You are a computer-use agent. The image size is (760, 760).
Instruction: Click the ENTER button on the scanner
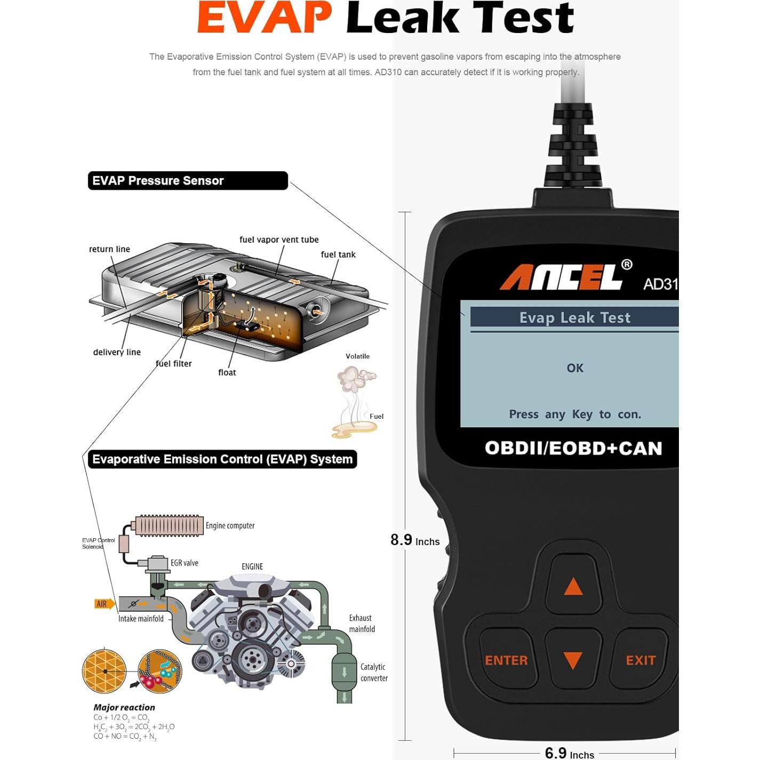coord(507,660)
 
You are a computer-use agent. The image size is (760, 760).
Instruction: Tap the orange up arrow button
coord(573,586)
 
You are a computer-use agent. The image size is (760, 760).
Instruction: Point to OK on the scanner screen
coord(575,368)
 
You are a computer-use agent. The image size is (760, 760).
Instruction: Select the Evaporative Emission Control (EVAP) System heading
coord(222,459)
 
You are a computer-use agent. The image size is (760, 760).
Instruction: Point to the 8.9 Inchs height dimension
coord(415,540)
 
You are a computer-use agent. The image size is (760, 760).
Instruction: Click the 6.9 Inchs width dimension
coord(570,753)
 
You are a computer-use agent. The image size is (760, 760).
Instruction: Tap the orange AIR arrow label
coord(104,604)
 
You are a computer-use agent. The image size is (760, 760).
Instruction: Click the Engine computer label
coord(230,526)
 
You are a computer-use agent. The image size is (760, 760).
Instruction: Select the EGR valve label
coord(184,563)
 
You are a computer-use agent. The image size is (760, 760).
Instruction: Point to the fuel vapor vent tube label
coord(279,239)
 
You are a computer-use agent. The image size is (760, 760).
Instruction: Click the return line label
coord(109,249)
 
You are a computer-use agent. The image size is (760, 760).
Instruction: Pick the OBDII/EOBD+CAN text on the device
coord(573,448)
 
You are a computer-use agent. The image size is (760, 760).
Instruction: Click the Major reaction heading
coord(124,707)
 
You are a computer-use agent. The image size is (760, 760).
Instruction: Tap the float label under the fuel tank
coord(227,372)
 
